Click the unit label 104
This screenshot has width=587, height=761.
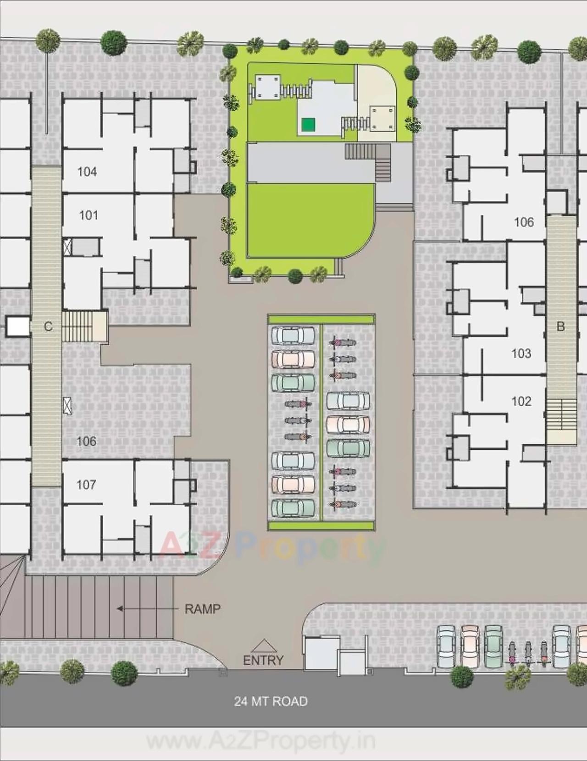(87, 172)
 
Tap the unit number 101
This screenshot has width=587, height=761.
(89, 215)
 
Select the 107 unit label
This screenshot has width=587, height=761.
(86, 485)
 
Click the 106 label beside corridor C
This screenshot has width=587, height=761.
(86, 441)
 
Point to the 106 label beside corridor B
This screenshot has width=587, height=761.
(524, 222)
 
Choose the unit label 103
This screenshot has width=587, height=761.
(521, 353)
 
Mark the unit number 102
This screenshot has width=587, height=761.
(521, 401)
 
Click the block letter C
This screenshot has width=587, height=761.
(48, 326)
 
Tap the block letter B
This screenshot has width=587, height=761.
(560, 326)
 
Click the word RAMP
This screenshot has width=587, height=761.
(202, 609)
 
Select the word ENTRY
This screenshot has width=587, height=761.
(263, 660)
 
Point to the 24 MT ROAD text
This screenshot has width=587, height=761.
(271, 701)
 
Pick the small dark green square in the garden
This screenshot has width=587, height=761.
(308, 124)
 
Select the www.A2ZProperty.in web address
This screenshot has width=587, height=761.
(260, 741)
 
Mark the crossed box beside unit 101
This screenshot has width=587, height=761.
(67, 247)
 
